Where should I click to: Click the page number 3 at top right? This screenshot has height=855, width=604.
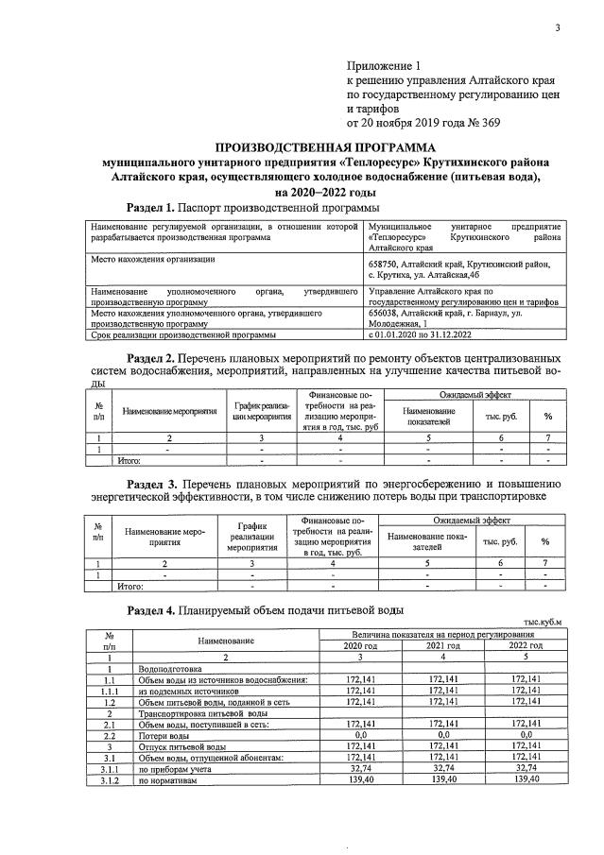[558, 26]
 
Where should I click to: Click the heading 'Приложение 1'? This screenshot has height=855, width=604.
[382, 66]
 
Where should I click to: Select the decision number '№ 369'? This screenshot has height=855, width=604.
[482, 122]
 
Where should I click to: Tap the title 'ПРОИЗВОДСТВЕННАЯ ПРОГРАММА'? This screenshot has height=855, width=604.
[325, 147]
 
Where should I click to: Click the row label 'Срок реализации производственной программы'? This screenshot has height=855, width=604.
[182, 334]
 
